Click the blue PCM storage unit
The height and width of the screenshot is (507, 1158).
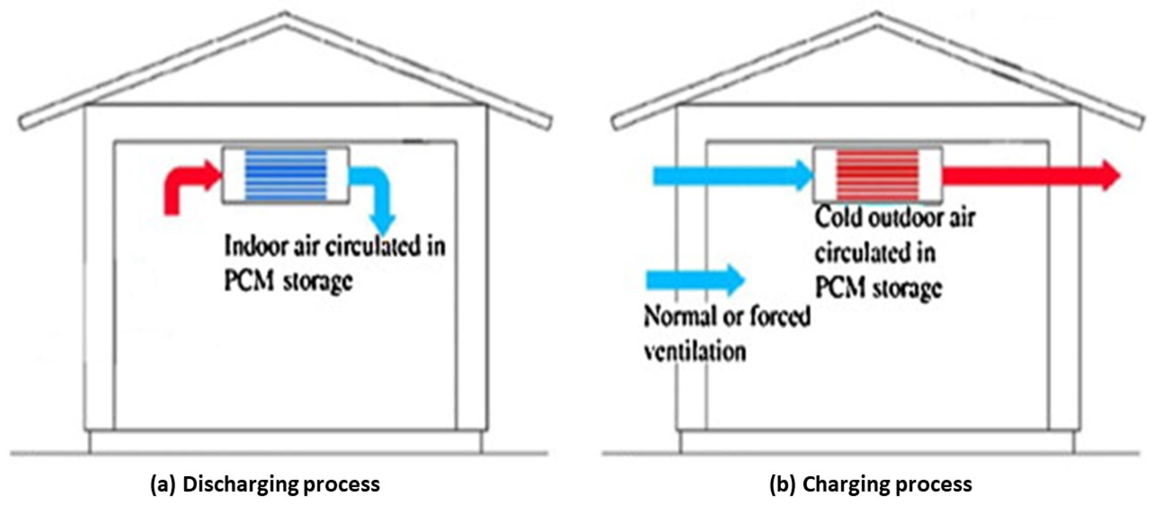click(285, 175)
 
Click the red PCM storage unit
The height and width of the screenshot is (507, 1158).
click(877, 175)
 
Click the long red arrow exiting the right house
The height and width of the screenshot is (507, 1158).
click(1029, 175)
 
